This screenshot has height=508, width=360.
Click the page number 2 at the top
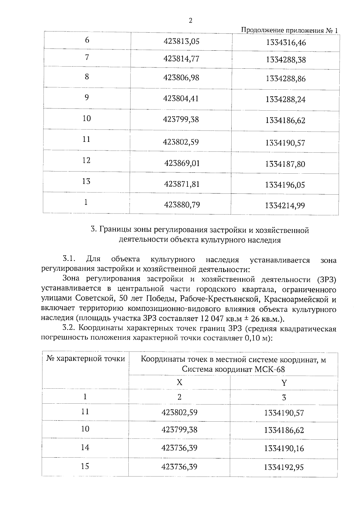click(x=190, y=21)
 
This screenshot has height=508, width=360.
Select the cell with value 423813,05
click(x=181, y=41)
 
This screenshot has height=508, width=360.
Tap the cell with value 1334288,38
click(x=286, y=60)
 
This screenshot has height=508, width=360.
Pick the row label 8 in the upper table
click(x=87, y=76)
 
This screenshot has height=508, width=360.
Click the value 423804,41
click(x=181, y=99)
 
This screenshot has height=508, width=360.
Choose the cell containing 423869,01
click(x=182, y=163)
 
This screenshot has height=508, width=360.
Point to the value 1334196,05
click(x=285, y=185)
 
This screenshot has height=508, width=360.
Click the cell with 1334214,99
click(x=285, y=206)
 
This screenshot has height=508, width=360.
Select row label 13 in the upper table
click(x=86, y=181)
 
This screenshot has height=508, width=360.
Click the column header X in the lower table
click(x=179, y=382)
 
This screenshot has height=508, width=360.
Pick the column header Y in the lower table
click(x=284, y=383)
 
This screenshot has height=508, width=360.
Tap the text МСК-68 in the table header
click(x=269, y=369)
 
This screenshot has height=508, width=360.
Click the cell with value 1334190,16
click(x=284, y=449)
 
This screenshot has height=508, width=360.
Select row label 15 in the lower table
click(x=85, y=466)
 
